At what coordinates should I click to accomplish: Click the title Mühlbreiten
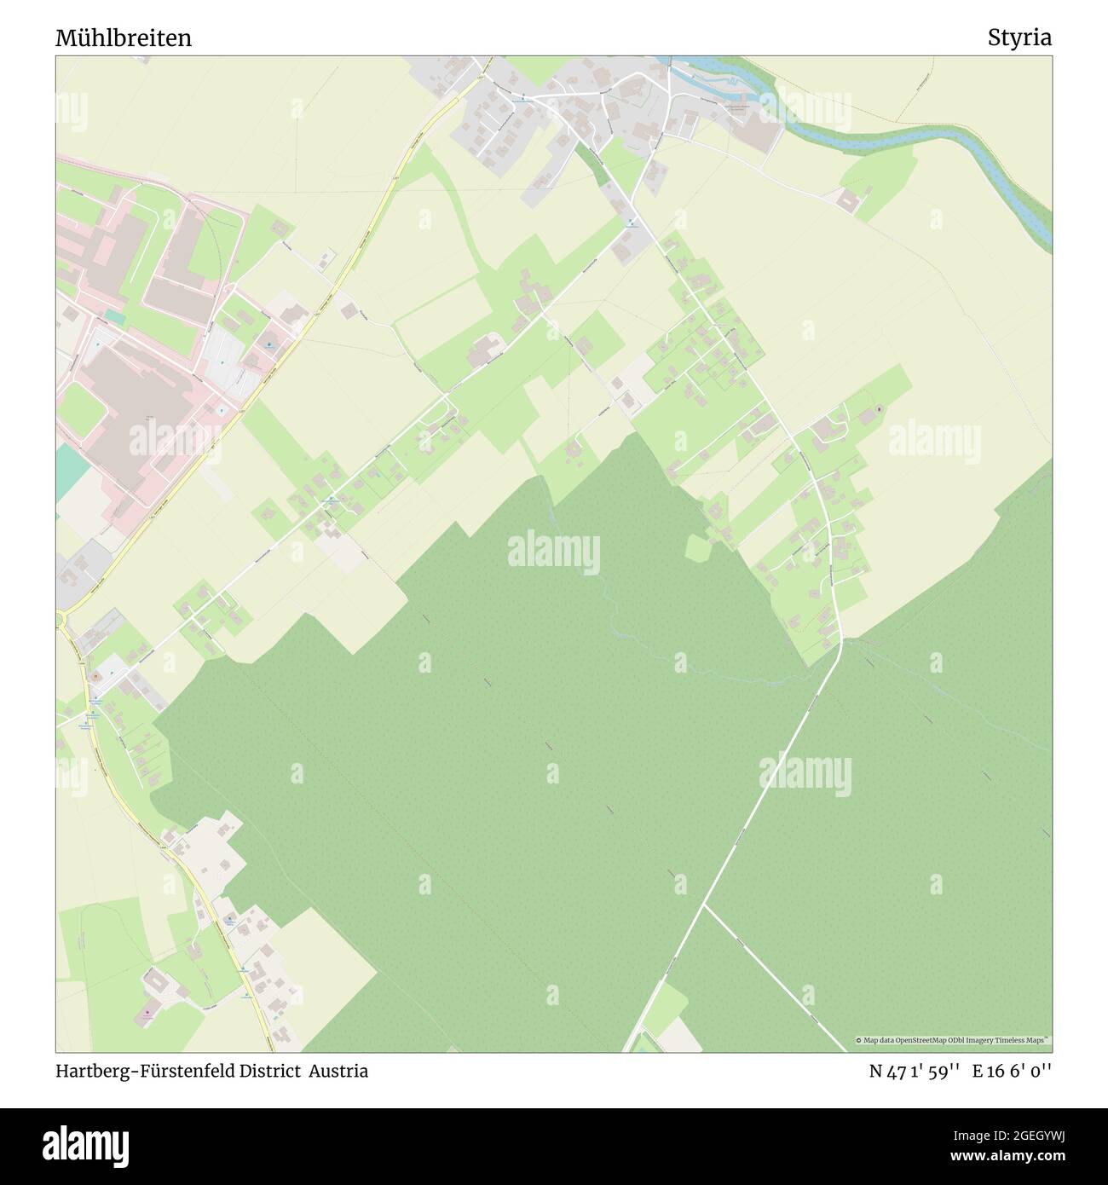pyautogui.click(x=124, y=38)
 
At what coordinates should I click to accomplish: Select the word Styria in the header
pyautogui.click(x=1019, y=38)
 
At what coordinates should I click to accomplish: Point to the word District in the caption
pyautogui.click(x=274, y=1072)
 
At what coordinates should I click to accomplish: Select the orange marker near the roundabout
pyautogui.click(x=96, y=677)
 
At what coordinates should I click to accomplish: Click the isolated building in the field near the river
pyautogui.click(x=848, y=201)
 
